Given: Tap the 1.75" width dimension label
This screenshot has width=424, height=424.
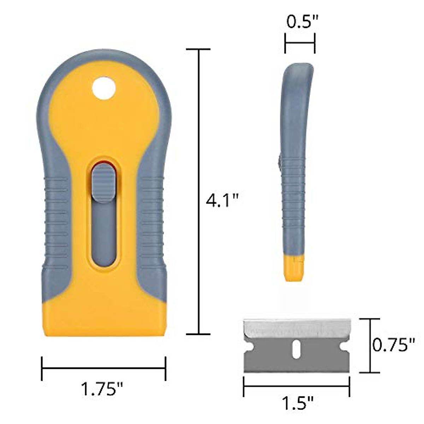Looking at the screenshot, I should [x=102, y=390].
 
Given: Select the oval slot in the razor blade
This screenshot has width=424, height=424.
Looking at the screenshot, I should [x=297, y=347].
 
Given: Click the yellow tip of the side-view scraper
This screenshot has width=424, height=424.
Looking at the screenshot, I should [x=293, y=269].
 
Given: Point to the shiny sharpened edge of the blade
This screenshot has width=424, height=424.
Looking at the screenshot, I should [x=297, y=327].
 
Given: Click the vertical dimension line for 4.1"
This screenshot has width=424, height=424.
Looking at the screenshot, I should [x=199, y=191].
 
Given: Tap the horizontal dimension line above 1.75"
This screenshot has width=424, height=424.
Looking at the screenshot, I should [x=104, y=369].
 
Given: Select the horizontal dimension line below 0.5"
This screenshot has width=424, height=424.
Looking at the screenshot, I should [x=300, y=43].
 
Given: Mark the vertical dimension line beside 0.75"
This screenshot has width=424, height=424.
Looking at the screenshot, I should [x=370, y=345].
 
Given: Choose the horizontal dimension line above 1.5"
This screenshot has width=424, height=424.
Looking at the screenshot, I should [x=296, y=386].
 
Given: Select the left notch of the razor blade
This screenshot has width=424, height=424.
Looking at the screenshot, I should [x=247, y=346].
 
